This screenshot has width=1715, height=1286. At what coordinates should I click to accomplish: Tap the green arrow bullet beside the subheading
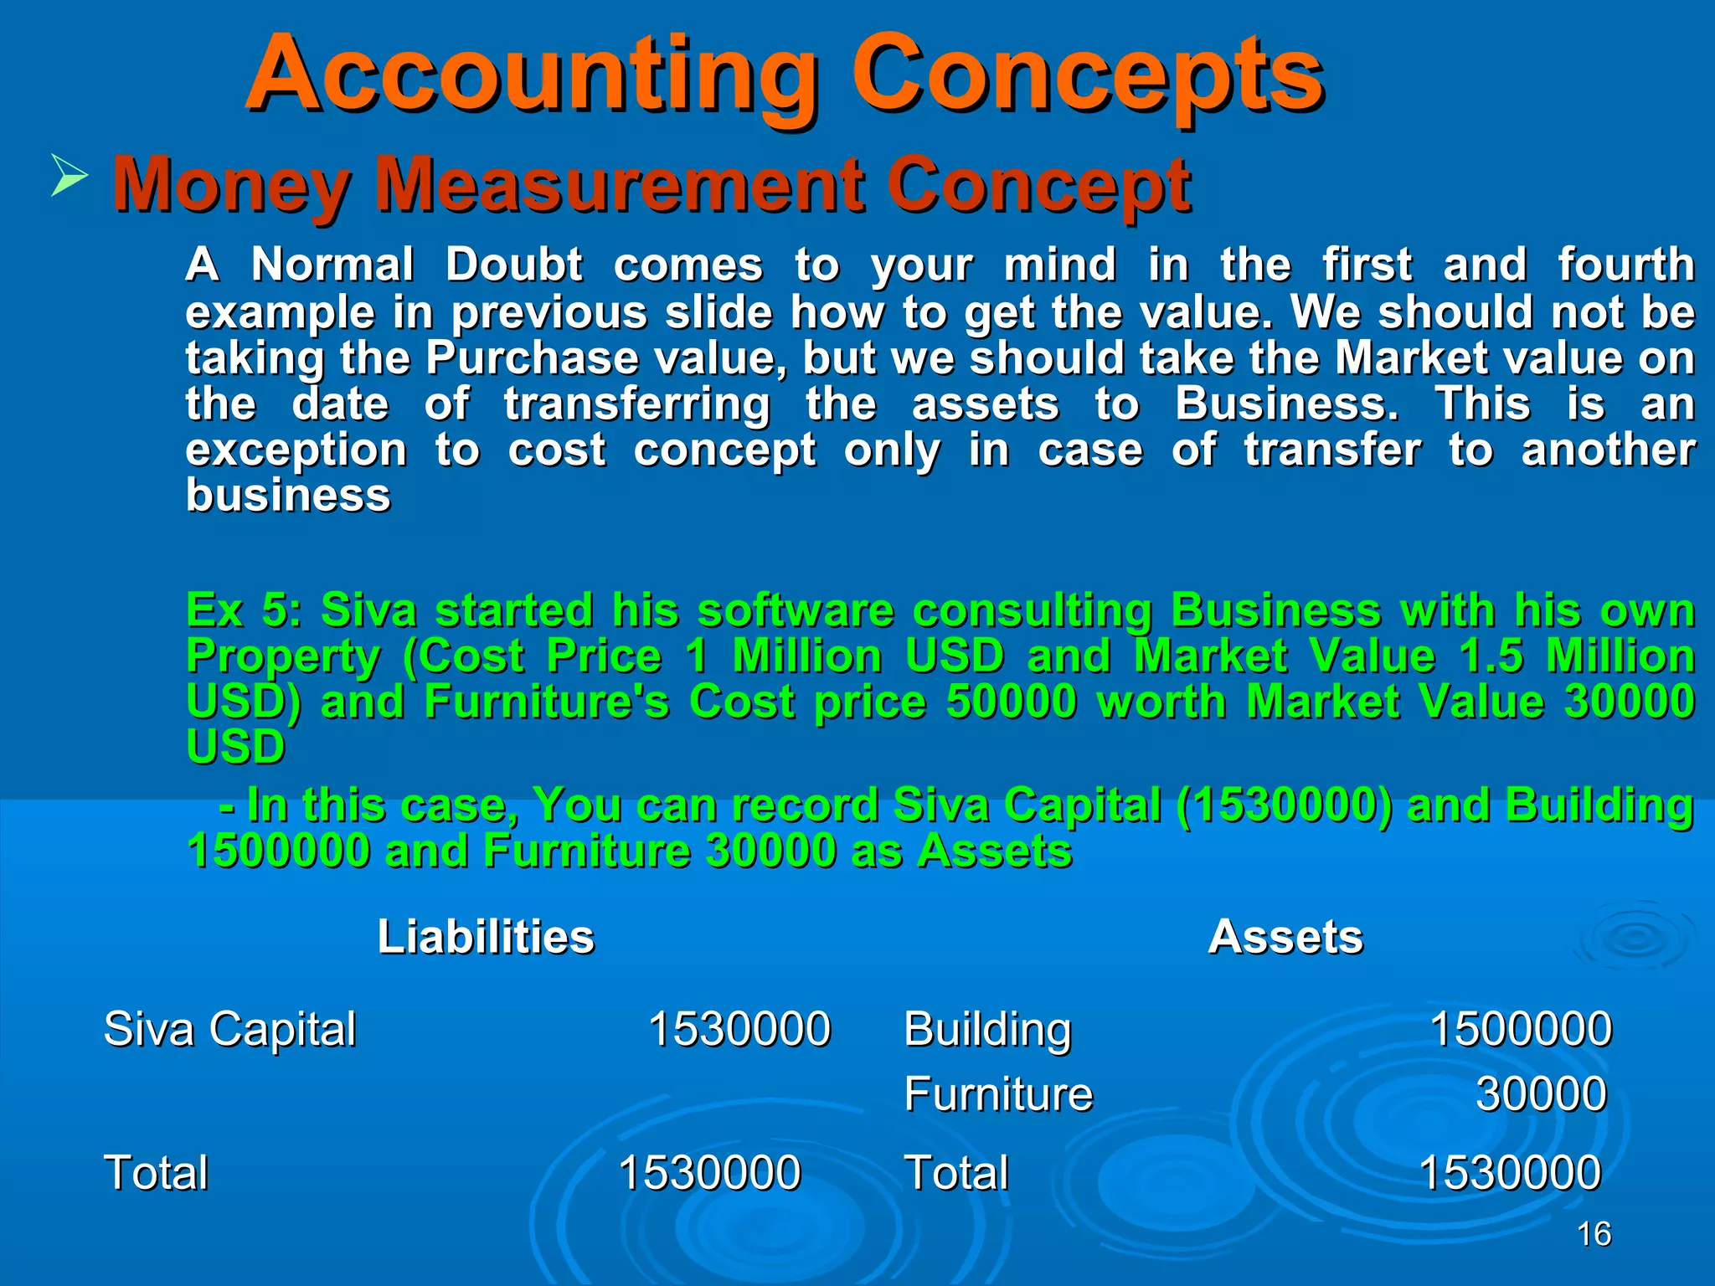coord(69,174)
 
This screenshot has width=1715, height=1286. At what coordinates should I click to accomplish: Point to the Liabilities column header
coord(486,936)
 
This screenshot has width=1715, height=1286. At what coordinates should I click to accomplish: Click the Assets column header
coord(1285,936)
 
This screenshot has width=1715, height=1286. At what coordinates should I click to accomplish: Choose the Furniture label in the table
coord(998,1093)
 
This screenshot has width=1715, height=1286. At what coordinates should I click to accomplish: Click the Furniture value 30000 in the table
coord(1541,1093)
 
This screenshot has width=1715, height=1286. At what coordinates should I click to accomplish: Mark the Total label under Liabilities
coord(156,1172)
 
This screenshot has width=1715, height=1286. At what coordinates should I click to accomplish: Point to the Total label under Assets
coord(956,1172)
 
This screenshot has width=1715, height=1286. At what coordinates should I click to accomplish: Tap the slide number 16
coord(1594,1234)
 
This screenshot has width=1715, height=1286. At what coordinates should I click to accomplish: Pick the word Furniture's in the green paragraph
coord(547,701)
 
